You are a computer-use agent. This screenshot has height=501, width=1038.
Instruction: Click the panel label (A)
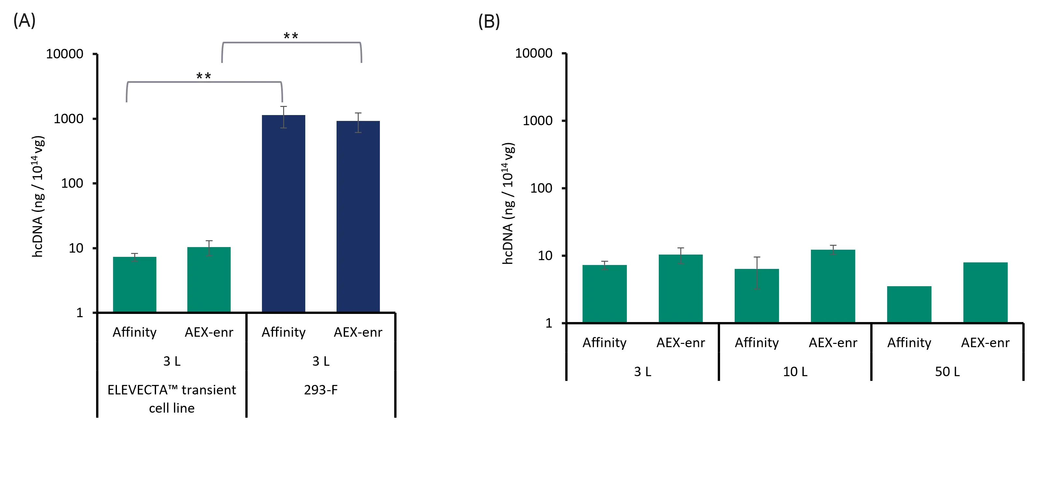click(24, 21)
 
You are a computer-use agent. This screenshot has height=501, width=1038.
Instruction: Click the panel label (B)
click(489, 22)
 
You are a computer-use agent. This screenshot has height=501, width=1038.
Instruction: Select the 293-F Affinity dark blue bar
click(283, 214)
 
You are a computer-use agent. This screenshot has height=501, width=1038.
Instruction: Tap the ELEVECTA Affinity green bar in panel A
click(134, 285)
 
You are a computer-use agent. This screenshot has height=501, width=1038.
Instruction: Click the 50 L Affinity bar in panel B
click(909, 304)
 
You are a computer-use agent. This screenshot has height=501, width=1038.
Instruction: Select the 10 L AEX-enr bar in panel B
click(832, 286)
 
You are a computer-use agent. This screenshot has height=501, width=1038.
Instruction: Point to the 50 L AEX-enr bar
click(985, 292)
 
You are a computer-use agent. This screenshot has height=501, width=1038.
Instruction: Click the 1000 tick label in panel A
click(68, 119)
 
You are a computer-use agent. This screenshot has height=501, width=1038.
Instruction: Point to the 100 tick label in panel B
click(541, 188)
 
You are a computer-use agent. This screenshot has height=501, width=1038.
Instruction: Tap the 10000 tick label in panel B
click(534, 53)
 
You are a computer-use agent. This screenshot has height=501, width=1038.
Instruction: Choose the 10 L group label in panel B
click(795, 371)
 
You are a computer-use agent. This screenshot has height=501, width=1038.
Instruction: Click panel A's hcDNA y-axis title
click(38, 197)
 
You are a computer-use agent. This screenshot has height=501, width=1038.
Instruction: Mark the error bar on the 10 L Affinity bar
click(757, 273)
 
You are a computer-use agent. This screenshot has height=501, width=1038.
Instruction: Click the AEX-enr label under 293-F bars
click(358, 332)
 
